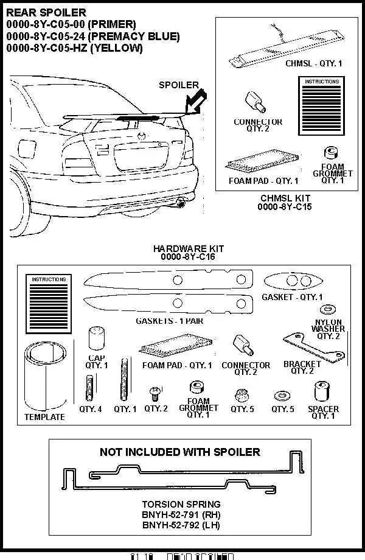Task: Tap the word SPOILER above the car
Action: coord(179,85)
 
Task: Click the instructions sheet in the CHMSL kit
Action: coord(322,105)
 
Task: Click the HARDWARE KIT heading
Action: coord(189,249)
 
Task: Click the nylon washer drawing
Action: coord(328,309)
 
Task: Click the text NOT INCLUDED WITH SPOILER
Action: coord(179,452)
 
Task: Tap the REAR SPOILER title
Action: coord(46,12)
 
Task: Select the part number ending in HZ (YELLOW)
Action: coord(74,49)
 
